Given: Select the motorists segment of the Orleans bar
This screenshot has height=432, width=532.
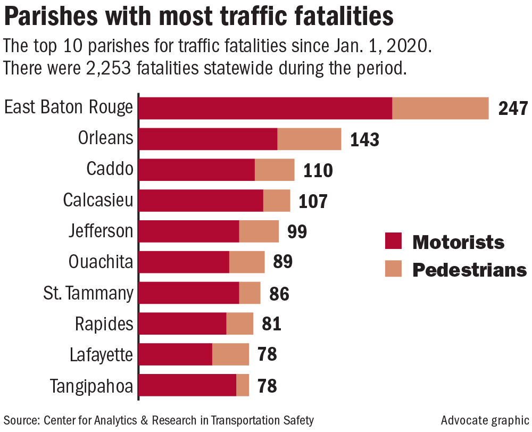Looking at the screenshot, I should point(208,139).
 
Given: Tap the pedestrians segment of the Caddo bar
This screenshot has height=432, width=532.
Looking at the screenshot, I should point(275,170).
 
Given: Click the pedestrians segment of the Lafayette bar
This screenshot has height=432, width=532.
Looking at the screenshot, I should point(230,354).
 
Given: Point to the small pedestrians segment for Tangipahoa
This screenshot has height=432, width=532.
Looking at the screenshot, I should point(243,385).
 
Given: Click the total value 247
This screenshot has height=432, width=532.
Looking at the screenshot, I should point(512,109).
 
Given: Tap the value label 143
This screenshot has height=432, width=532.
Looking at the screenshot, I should point(364,139).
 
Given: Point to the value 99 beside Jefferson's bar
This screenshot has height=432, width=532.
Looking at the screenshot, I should point(297,232).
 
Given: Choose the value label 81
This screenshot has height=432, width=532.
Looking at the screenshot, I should point(271,324).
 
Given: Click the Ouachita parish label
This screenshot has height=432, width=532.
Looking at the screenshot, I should point(101,262).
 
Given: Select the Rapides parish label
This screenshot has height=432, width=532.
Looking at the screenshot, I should point(104,324).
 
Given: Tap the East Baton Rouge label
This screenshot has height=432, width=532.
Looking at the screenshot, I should point(68,108).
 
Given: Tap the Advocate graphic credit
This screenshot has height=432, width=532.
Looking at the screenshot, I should point(485,420).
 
